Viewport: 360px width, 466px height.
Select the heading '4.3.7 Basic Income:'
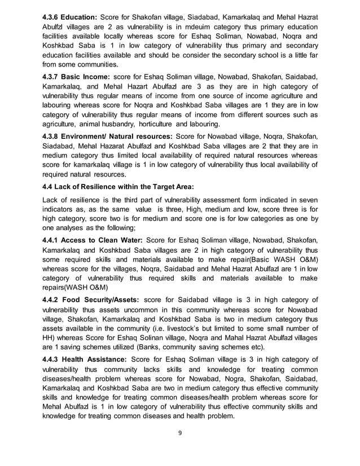(x=77, y=76)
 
